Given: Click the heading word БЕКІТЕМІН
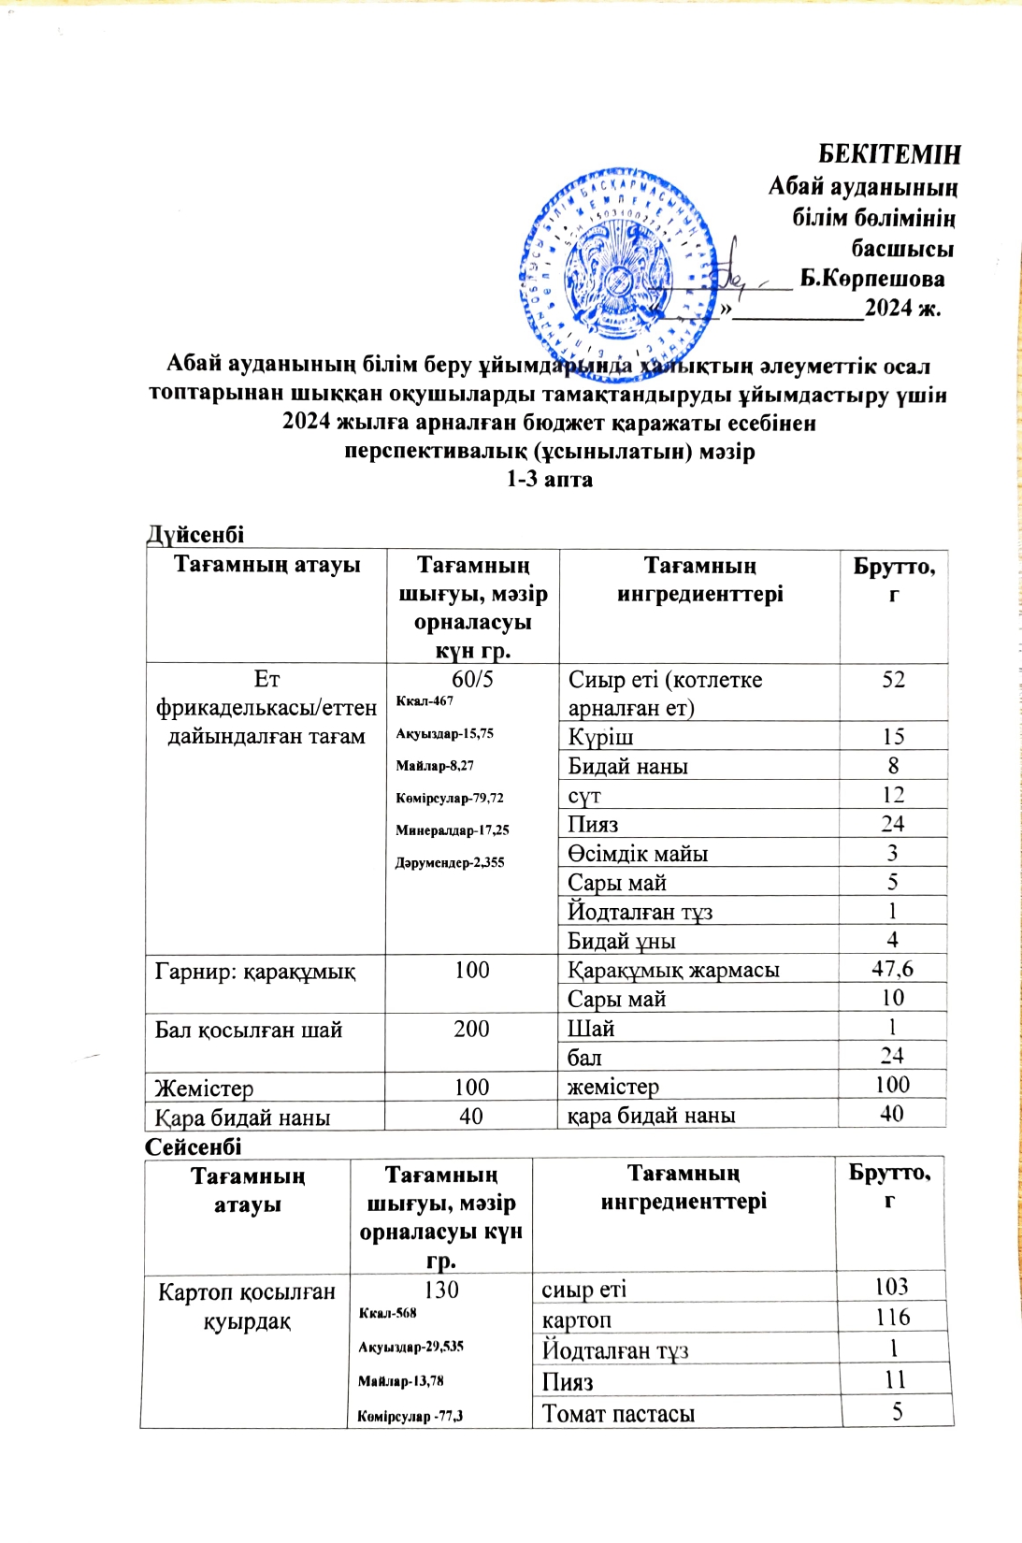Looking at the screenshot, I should pyautogui.click(x=889, y=154).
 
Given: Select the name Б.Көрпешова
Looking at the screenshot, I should pyautogui.click(x=871, y=279).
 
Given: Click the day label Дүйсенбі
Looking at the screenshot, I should pyautogui.click(x=195, y=534).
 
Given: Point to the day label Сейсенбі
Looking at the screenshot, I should pyautogui.click(x=194, y=1146).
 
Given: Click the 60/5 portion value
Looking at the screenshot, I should pyautogui.click(x=472, y=679).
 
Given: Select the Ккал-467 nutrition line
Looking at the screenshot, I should pyautogui.click(x=425, y=701).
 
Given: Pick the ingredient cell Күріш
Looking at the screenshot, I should pyautogui.click(x=600, y=737).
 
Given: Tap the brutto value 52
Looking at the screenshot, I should pyautogui.click(x=893, y=680).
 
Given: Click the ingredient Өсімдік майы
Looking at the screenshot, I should pyautogui.click(x=638, y=854).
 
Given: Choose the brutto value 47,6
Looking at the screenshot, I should pyautogui.click(x=892, y=969).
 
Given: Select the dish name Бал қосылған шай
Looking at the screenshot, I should pyautogui.click(x=249, y=1030).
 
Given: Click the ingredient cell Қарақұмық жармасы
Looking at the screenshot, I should pyautogui.click(x=673, y=970).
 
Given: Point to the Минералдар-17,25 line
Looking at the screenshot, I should pyautogui.click(x=453, y=830).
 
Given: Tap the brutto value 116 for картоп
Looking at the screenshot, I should pyautogui.click(x=893, y=1318).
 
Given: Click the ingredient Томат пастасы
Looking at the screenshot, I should pyautogui.click(x=618, y=1414).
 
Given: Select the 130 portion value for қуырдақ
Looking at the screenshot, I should pyautogui.click(x=441, y=1291).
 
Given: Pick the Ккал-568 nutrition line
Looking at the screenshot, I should pyautogui.click(x=388, y=1313).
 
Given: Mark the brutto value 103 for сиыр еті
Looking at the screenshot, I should pyautogui.click(x=892, y=1287).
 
